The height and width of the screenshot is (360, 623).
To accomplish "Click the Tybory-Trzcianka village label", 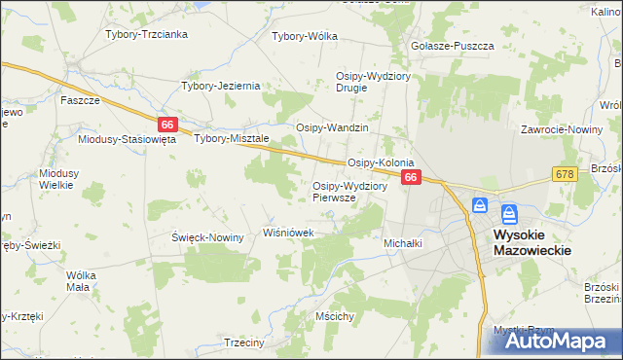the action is click(146, 34).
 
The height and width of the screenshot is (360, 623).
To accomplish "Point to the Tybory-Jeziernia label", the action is click(221, 86).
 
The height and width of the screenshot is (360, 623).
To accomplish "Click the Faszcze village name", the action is click(81, 100).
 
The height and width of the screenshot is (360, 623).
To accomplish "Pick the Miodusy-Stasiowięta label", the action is click(127, 139).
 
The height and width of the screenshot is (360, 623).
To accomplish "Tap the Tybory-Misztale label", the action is click(232, 138).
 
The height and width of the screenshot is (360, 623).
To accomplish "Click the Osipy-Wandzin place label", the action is click(332, 127).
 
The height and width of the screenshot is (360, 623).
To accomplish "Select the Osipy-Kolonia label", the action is click(382, 162).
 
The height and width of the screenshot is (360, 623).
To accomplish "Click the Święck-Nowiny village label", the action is click(207, 237).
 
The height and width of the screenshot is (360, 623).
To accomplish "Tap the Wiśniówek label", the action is click(289, 233).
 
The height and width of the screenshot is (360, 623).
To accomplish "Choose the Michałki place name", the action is click(403, 243).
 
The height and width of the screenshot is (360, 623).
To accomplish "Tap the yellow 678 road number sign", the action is click(564, 173).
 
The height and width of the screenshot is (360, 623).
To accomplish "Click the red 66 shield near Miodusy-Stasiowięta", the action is click(167, 125).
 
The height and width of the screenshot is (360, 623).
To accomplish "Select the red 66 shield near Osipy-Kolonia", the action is click(411, 177).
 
